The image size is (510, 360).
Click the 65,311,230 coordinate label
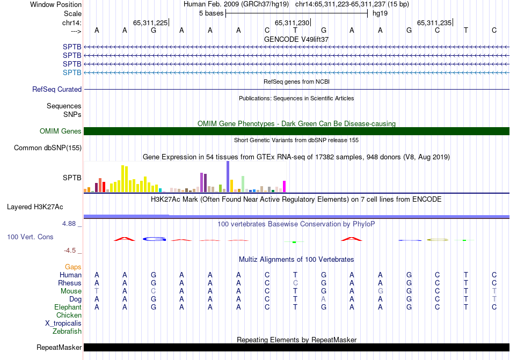292,23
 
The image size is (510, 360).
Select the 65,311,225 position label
150,23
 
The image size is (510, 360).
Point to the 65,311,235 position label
434,23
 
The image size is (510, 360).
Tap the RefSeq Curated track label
57,90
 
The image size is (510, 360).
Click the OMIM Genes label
61,131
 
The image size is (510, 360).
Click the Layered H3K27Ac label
35,207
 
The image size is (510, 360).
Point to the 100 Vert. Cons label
31,237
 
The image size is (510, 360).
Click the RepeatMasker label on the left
59,348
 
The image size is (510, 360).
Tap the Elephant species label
68,307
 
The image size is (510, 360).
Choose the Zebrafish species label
67,332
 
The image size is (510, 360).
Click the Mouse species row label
71,291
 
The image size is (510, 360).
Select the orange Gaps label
73,267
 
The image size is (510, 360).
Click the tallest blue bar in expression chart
228,177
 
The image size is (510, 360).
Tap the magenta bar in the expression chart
284,186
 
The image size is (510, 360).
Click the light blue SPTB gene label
72,72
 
